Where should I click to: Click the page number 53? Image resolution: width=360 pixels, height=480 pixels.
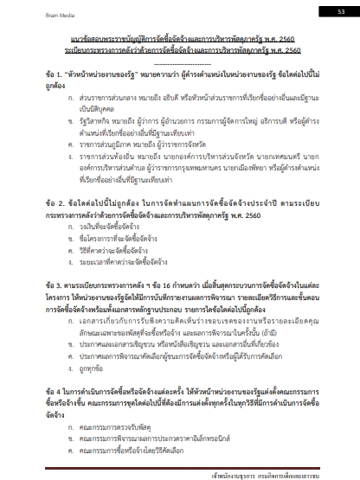point(340,10)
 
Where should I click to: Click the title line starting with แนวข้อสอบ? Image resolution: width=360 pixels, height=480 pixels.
point(180,40)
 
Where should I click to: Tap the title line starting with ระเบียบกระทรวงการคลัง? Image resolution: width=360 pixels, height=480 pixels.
point(180,51)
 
